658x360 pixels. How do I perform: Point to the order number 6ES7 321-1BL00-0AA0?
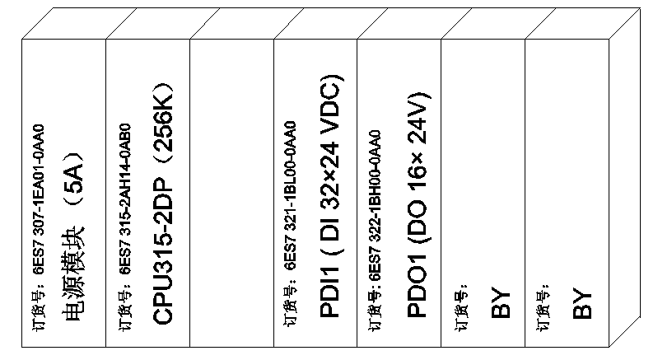click(x=290, y=204)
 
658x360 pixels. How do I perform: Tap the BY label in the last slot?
click(x=583, y=302)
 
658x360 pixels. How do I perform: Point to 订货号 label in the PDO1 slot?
click(x=375, y=316)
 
